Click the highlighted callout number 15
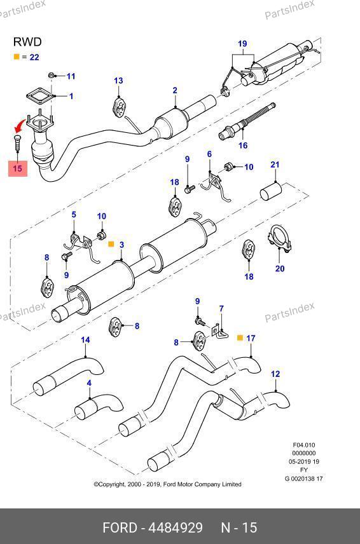[17, 168]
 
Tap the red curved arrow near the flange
[20, 126]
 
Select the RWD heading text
[27, 42]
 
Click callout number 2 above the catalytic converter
[175, 90]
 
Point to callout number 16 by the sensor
[243, 146]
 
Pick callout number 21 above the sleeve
[275, 165]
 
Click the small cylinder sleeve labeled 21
[271, 191]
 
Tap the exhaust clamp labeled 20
[279, 239]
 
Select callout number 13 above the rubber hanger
[118, 81]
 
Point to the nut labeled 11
[51, 75]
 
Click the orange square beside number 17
[240, 337]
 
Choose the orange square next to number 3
[111, 244]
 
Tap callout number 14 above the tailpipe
[85, 340]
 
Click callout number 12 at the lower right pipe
[275, 374]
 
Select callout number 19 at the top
[242, 44]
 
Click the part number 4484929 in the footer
[176, 527]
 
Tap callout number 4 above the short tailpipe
[89, 383]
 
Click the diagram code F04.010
[304, 445]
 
